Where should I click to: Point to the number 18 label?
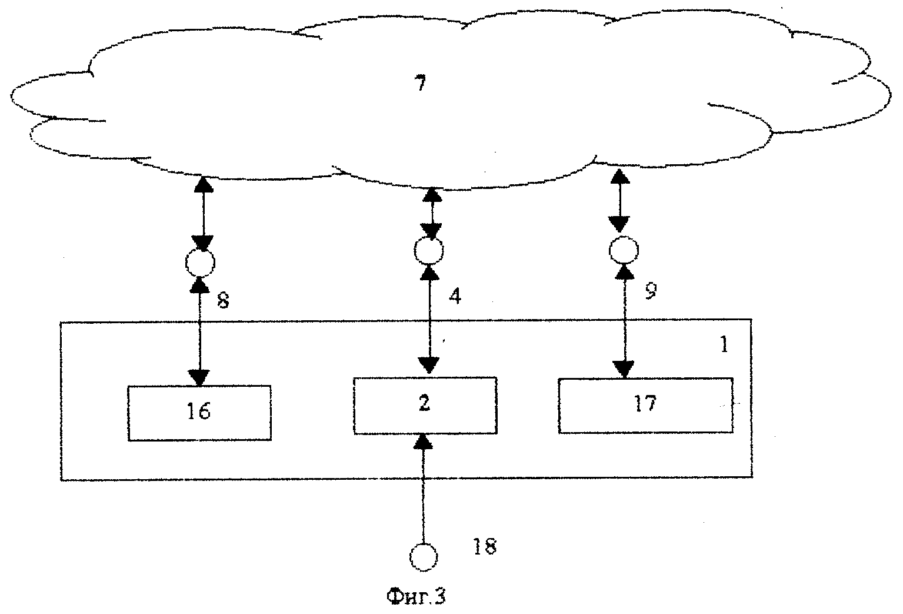[485, 547]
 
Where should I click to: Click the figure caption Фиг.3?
[416, 597]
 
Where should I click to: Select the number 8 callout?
[223, 301]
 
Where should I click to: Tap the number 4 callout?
[455, 297]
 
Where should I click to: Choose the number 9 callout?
[651, 290]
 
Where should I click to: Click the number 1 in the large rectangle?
[724, 345]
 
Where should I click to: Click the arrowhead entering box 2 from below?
[423, 442]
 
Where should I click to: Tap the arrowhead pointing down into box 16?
[200, 377]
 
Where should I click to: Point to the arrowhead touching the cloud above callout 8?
[204, 185]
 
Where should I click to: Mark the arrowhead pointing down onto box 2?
[428, 366]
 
